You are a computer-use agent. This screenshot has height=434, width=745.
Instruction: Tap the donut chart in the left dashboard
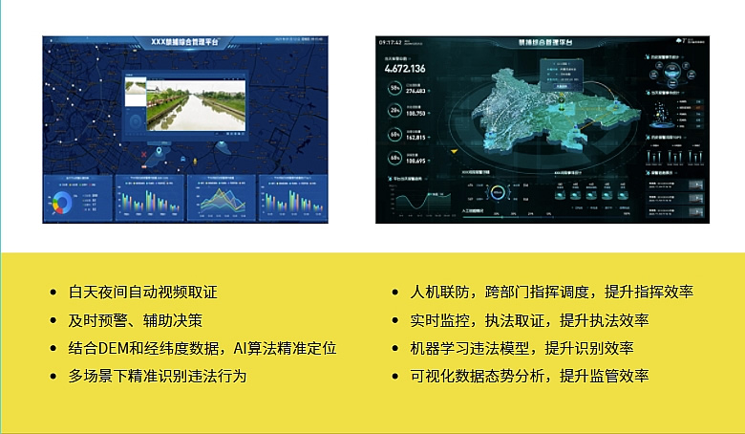click(x=64, y=202)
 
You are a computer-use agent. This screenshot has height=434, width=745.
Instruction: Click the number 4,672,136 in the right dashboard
click(x=405, y=69)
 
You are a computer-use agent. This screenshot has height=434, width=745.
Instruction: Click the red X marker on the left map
click(x=143, y=153)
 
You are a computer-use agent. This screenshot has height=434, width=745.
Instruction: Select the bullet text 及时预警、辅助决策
click(x=135, y=320)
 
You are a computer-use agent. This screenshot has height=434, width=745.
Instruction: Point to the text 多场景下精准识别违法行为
click(x=158, y=376)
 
